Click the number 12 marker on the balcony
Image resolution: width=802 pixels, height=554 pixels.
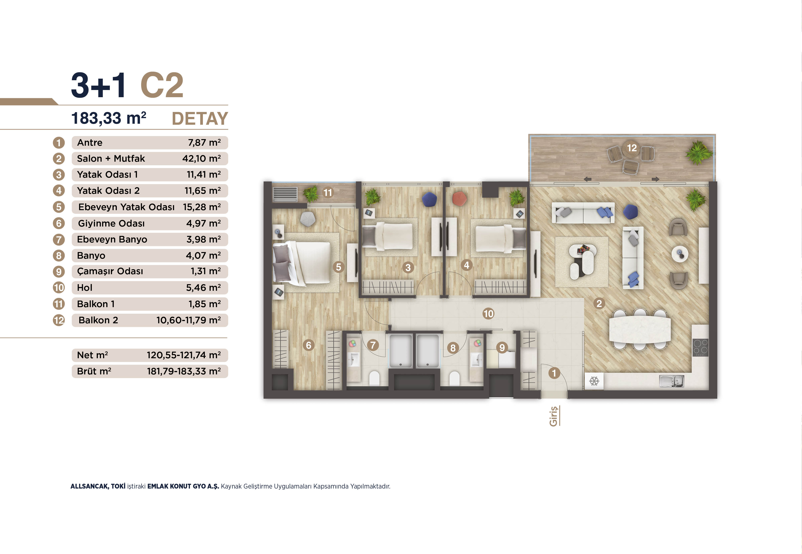[632, 148]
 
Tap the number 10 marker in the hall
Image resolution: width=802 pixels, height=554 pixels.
[488, 314]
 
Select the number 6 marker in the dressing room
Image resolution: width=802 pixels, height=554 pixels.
[308, 345]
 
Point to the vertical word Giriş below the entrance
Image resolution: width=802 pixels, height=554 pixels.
[553, 416]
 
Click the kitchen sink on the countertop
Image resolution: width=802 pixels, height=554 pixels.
[671, 381]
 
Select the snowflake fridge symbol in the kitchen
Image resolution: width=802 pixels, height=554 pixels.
[594, 381]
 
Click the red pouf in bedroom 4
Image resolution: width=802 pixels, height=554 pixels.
[460, 199]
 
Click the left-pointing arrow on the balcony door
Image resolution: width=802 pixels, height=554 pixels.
[587, 179]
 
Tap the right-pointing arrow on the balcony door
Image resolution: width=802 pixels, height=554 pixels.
[655, 179]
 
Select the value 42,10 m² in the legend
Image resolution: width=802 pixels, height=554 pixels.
[201, 159]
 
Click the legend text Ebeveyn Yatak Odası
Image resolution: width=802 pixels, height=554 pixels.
[126, 207]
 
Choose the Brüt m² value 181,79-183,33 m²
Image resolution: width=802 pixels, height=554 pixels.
[184, 371]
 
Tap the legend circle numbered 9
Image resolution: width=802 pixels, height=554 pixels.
[59, 271]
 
